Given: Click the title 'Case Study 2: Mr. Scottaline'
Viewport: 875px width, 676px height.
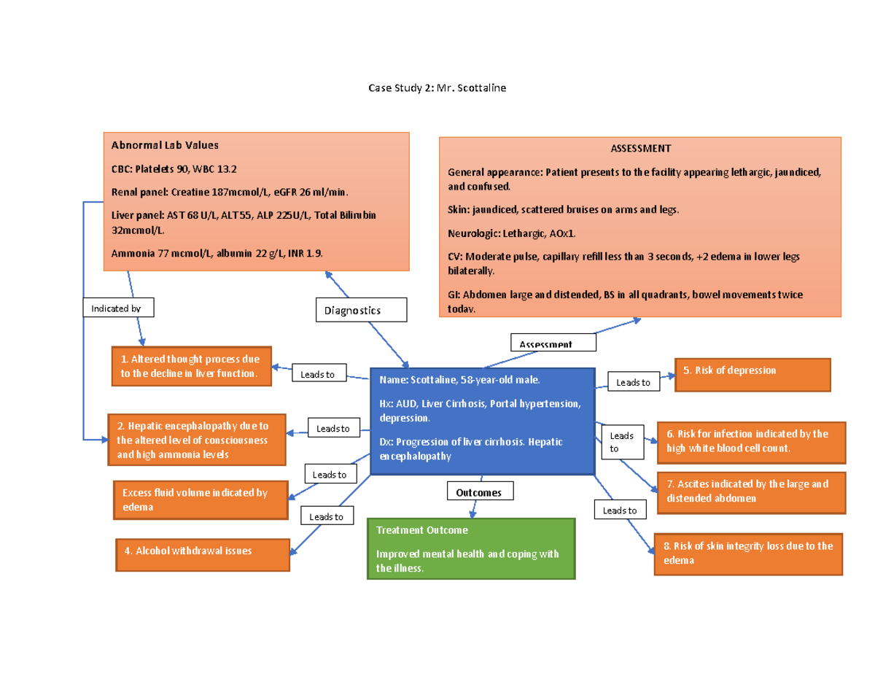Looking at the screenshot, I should click(437, 88).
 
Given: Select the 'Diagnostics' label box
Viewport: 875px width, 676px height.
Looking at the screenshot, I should click(361, 310).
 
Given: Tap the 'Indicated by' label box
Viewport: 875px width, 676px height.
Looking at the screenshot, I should click(119, 308).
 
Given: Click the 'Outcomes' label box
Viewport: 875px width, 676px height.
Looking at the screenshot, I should click(478, 492).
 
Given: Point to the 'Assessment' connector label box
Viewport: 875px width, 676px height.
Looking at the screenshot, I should click(552, 343).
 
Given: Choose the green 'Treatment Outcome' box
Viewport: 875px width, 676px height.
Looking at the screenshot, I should click(471, 549).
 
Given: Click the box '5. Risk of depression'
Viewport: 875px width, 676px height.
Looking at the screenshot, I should click(752, 375).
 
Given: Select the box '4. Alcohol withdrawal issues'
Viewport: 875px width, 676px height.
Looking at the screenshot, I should click(203, 555).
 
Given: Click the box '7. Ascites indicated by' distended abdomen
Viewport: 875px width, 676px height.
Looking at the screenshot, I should click(751, 492).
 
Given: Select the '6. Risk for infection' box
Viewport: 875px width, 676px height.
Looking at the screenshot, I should click(751, 441).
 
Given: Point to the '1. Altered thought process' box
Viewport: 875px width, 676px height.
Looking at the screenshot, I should click(190, 366).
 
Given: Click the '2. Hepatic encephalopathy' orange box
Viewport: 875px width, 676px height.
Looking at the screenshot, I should click(197, 440).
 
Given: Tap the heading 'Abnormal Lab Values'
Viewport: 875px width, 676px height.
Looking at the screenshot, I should click(165, 145).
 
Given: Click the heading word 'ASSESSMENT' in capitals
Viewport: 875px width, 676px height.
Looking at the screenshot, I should click(640, 148).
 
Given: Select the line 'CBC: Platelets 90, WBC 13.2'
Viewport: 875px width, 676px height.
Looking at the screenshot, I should click(174, 169).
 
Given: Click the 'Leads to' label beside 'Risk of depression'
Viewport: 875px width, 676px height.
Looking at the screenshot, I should click(633, 382).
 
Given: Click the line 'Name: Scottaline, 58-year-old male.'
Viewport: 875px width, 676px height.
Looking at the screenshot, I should click(460, 380).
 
